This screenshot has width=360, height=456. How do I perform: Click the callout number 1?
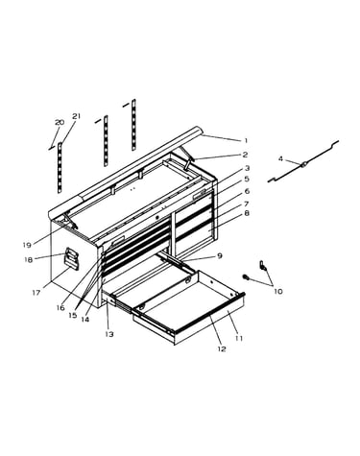pos(246,140)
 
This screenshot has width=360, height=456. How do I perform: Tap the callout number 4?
pos(280,158)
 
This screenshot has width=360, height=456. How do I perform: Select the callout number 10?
pos(278,291)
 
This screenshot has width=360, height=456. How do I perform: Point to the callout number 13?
pos(109,334)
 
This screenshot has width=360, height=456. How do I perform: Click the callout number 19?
pos(27,245)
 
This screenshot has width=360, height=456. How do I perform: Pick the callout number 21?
pos(77,116)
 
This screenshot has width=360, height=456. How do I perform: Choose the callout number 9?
pos(219,255)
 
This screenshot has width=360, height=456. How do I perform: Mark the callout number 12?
pos(222,348)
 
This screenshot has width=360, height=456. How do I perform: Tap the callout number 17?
pos(36,292)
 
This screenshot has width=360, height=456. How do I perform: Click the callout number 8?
pos(247,213)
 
